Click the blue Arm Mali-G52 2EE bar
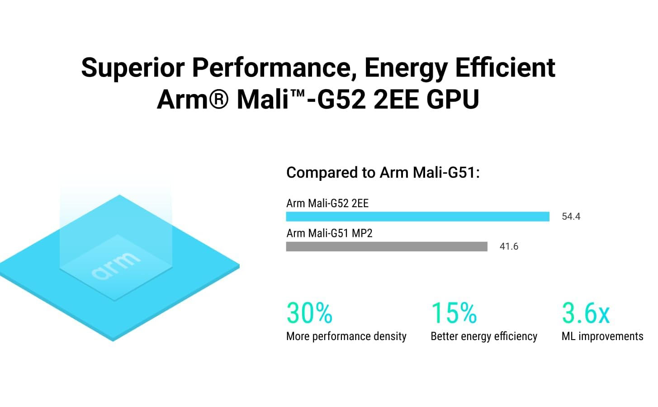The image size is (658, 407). click(x=417, y=217)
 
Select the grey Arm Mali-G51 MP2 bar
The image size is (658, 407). click(x=387, y=246)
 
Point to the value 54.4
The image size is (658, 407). click(x=571, y=217)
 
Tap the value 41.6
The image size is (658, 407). click(x=509, y=246)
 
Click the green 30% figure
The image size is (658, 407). click(x=309, y=313)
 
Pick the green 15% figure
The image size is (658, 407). click(x=454, y=313)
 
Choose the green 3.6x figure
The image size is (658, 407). click(x=586, y=313)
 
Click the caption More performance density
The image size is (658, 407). click(x=346, y=336)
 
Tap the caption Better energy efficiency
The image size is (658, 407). click(x=483, y=336)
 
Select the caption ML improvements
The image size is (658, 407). click(x=602, y=336)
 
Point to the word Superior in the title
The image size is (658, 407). click(x=133, y=68)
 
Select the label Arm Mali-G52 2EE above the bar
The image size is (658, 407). click(x=327, y=203)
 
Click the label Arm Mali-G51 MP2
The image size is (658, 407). click(x=329, y=233)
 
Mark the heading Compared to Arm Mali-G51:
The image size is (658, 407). click(x=383, y=173)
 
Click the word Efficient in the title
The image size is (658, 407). click(x=505, y=68)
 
